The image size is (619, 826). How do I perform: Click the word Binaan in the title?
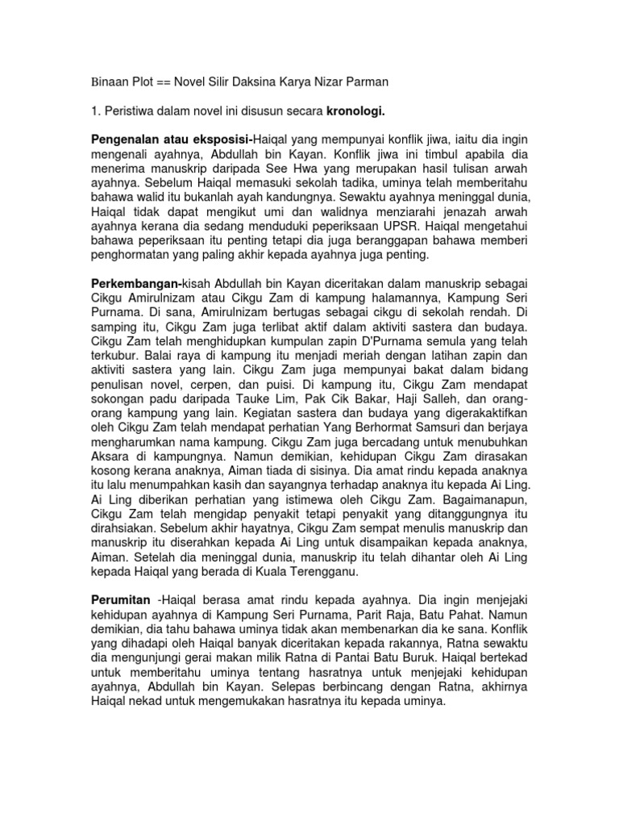[x=110, y=82]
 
